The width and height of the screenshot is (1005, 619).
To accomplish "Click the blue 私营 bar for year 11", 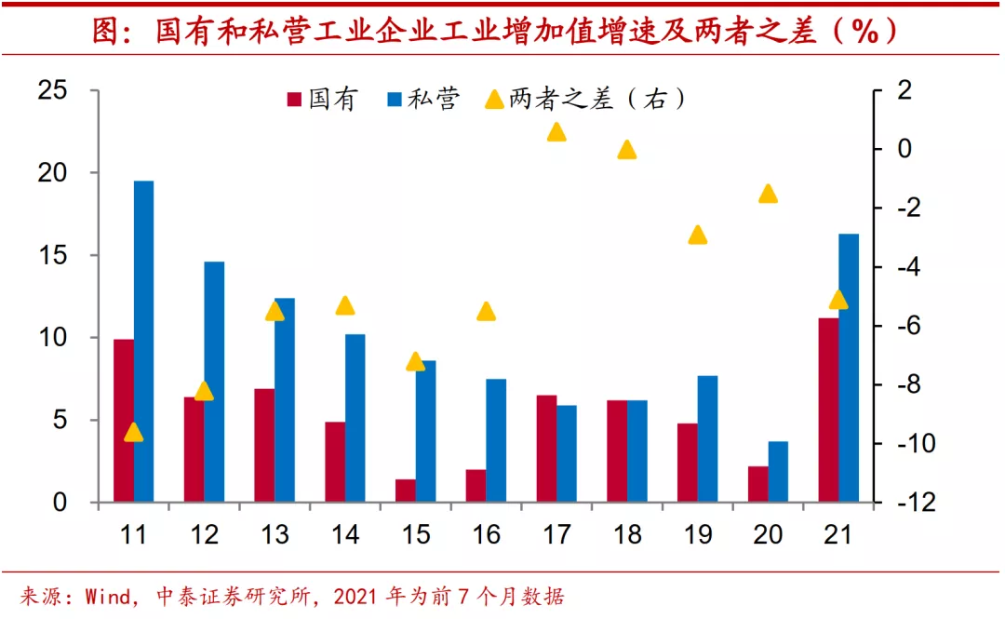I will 143,341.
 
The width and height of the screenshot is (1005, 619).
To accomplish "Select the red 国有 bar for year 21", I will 828,410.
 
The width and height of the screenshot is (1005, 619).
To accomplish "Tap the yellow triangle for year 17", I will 556,132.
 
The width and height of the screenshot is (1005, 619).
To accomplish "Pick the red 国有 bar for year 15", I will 406,491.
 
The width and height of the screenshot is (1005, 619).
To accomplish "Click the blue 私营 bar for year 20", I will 778,471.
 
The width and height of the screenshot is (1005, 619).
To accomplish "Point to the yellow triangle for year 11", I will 133,433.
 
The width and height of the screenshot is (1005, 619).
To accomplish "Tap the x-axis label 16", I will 486,534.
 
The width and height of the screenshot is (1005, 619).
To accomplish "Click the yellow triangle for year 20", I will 768,194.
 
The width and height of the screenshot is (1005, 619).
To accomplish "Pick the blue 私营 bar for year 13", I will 285,399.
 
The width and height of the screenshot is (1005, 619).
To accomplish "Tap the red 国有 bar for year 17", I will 546,449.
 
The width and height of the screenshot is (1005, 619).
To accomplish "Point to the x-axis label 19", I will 697,534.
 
